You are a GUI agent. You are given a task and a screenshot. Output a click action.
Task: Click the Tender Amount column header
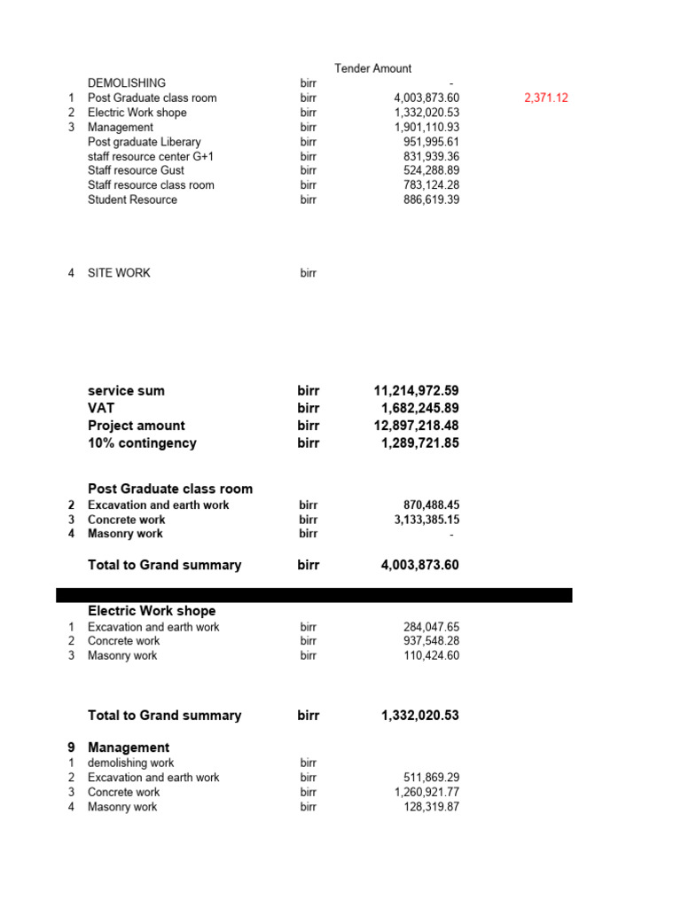point(372,68)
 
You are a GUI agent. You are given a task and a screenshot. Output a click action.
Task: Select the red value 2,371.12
point(545,98)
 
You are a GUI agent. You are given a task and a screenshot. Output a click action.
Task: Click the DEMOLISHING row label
point(126,83)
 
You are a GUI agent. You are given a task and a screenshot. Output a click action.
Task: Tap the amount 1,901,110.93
point(427,128)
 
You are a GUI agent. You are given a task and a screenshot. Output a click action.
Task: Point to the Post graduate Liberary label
point(144,142)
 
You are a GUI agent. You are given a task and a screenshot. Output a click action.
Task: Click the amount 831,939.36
point(431,157)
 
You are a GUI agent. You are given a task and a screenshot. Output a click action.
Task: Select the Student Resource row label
point(132,200)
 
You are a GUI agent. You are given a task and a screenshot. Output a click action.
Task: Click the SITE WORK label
point(119,273)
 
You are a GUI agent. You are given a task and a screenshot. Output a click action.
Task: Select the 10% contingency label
point(142,443)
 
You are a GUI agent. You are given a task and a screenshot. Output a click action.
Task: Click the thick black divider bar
point(314,595)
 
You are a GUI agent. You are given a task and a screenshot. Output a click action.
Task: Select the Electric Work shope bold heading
point(152,611)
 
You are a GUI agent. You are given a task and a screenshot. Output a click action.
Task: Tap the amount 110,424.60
point(431,656)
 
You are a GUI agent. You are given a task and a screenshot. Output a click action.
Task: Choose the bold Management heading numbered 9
point(129,748)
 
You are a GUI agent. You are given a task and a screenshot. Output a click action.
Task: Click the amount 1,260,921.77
point(427,793)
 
